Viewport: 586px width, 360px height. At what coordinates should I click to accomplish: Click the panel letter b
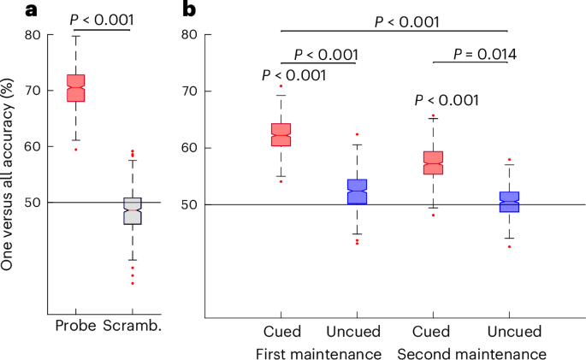point(190,9)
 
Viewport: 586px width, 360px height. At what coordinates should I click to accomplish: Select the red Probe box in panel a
point(76,88)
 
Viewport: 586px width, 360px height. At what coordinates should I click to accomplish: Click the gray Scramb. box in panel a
point(132,210)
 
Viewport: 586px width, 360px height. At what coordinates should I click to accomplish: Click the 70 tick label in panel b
point(198,91)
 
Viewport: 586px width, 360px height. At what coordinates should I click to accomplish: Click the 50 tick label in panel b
point(198,204)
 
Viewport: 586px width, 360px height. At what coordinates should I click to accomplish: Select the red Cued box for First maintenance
point(281,135)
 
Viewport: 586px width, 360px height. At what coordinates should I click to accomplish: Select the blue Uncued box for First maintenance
point(357,192)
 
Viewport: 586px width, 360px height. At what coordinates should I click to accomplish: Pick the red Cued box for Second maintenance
point(434,162)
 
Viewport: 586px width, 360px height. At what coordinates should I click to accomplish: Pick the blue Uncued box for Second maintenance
point(509,202)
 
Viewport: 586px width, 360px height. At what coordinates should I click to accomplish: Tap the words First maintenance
point(318,352)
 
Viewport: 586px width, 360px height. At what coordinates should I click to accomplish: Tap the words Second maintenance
point(471,352)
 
